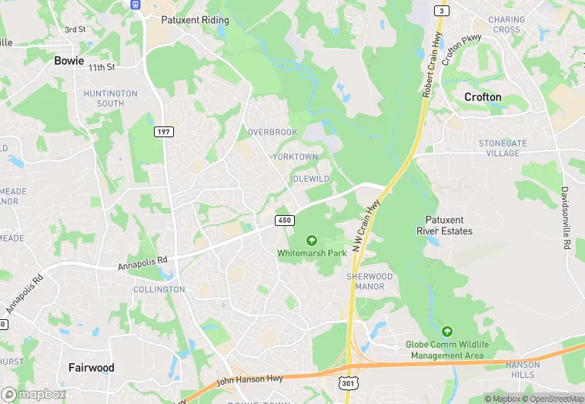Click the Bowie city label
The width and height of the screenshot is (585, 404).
point(69,60)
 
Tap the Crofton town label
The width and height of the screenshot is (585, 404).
point(483,97)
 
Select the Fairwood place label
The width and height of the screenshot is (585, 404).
point(91,368)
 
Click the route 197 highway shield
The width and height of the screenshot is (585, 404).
point(163,132)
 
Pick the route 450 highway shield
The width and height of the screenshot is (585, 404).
point(285,221)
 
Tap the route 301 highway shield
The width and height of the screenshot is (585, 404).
point(348,382)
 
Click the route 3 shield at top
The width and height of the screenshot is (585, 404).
point(441,10)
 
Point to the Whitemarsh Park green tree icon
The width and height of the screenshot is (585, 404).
point(312,241)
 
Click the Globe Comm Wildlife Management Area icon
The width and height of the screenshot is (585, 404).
point(446,331)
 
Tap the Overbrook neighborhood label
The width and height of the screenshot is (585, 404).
point(272,133)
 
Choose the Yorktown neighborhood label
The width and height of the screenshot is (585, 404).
point(295,157)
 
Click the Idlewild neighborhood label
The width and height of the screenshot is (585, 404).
point(310,179)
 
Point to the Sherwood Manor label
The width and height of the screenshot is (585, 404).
point(369,281)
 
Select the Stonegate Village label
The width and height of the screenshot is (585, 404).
point(503,148)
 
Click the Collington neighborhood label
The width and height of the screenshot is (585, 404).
point(159,290)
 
